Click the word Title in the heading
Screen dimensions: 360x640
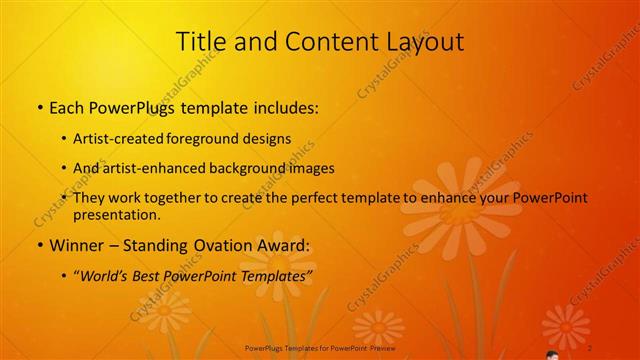[199, 41]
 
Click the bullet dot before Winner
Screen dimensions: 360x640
[39, 245]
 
